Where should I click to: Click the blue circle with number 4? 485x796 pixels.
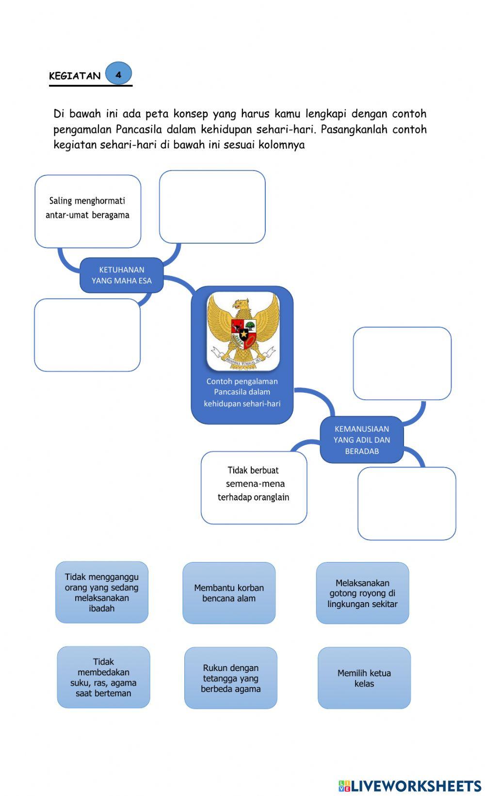(x=118, y=74)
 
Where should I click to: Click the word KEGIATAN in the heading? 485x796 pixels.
(x=75, y=76)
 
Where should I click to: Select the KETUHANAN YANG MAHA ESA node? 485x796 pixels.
(x=121, y=275)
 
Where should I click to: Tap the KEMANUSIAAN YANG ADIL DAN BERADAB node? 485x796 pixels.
(x=361, y=439)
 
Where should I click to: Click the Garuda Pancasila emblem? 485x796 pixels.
(x=243, y=331)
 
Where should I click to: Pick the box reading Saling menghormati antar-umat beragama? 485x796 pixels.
(x=88, y=211)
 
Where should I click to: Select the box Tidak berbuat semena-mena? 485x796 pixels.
(x=254, y=487)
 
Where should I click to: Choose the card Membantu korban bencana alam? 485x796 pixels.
(x=229, y=593)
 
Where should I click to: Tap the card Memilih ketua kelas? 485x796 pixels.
(x=364, y=678)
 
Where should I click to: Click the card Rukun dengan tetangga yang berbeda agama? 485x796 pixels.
(x=231, y=678)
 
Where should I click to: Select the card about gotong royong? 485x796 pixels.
(x=362, y=593)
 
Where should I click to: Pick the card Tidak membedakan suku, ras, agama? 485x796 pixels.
(x=103, y=677)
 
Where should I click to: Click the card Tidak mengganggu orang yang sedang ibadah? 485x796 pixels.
(x=102, y=592)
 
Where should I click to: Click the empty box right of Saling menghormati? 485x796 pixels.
(x=212, y=207)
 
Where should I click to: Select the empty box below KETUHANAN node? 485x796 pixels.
(x=87, y=335)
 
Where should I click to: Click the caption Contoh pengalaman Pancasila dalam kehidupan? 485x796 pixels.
(x=242, y=392)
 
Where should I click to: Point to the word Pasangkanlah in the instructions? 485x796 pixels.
(x=354, y=129)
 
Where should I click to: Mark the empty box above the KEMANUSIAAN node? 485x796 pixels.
(x=402, y=363)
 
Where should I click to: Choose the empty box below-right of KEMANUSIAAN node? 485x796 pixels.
(x=406, y=503)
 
